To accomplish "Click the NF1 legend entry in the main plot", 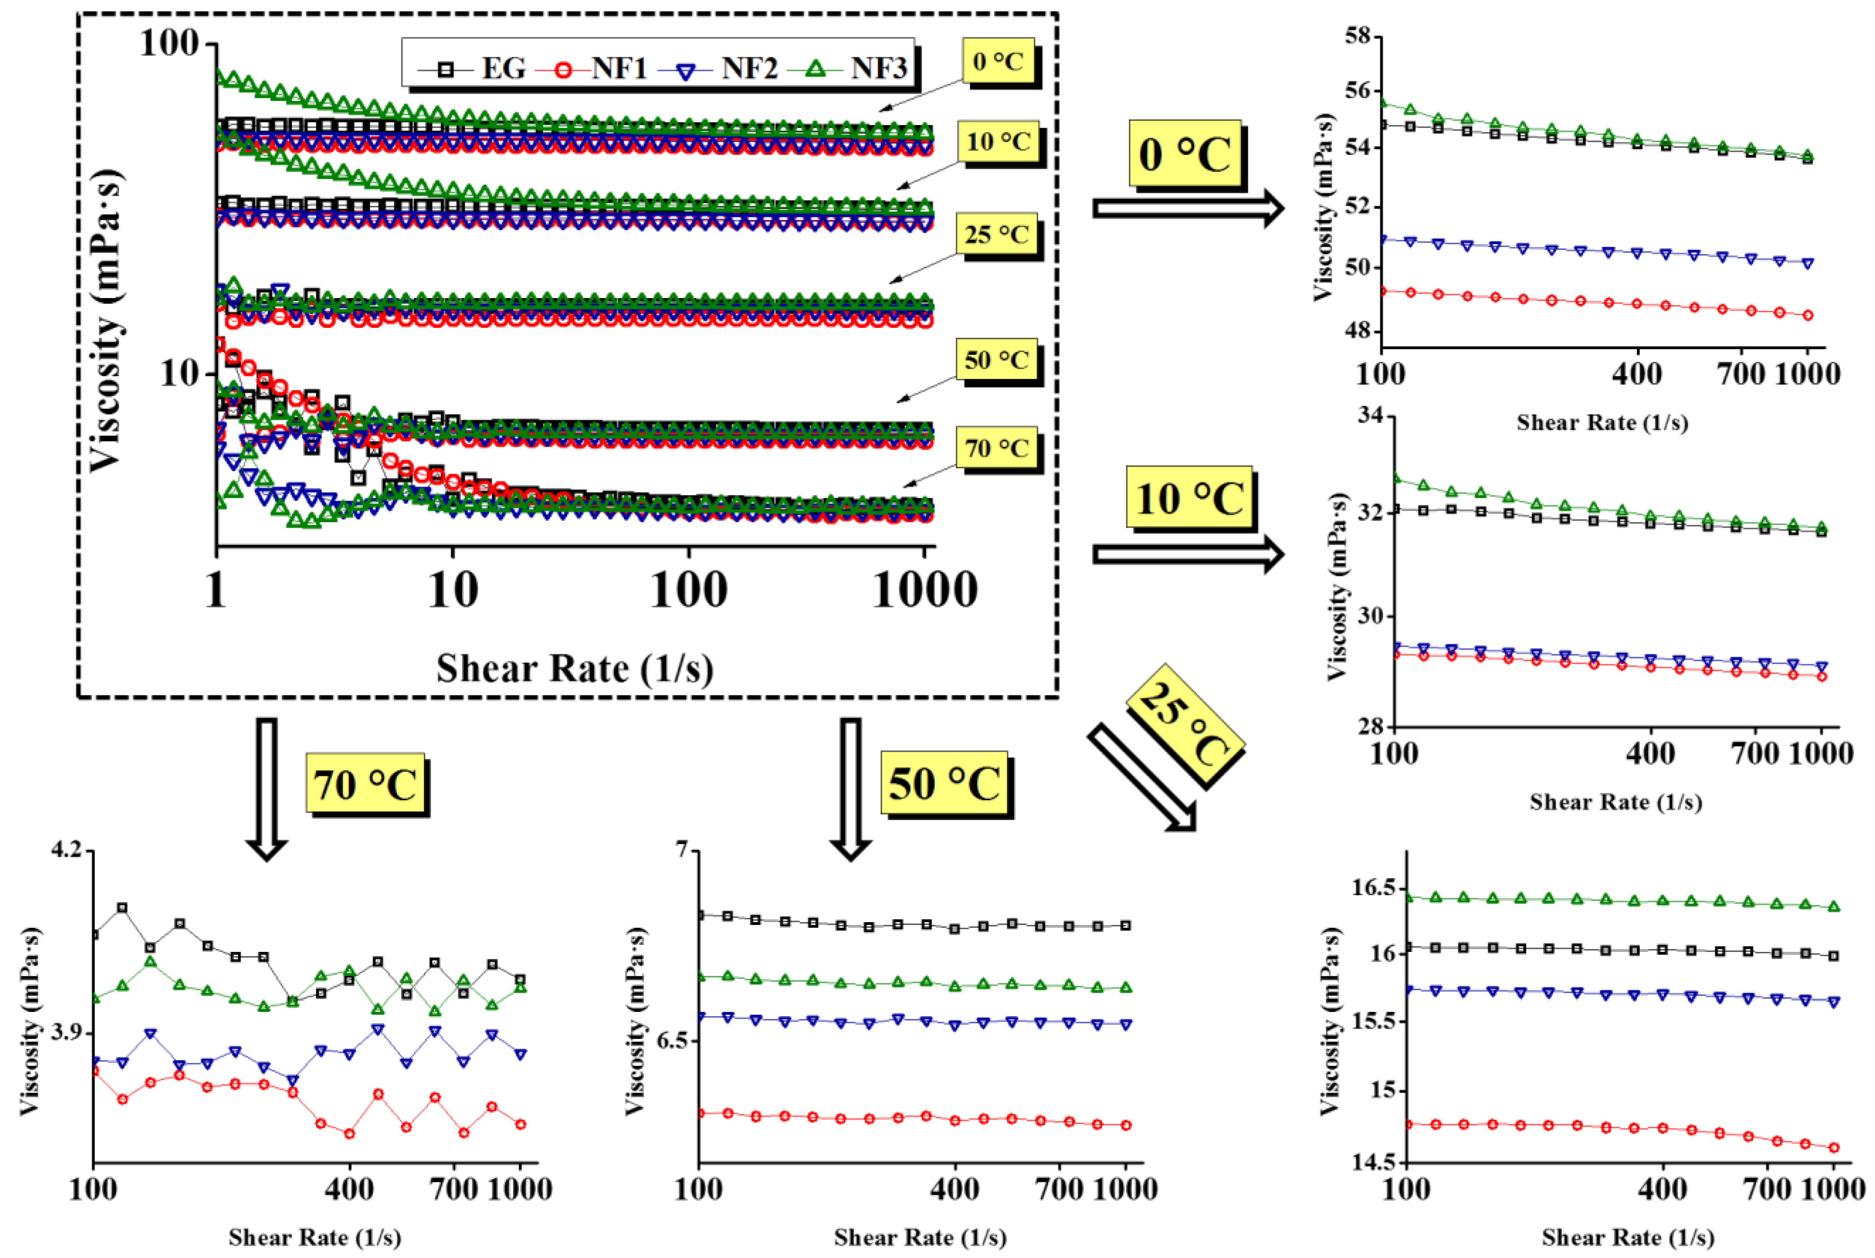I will (x=601, y=68).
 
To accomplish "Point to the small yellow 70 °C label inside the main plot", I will (x=997, y=448).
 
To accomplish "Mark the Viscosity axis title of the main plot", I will (x=107, y=321).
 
